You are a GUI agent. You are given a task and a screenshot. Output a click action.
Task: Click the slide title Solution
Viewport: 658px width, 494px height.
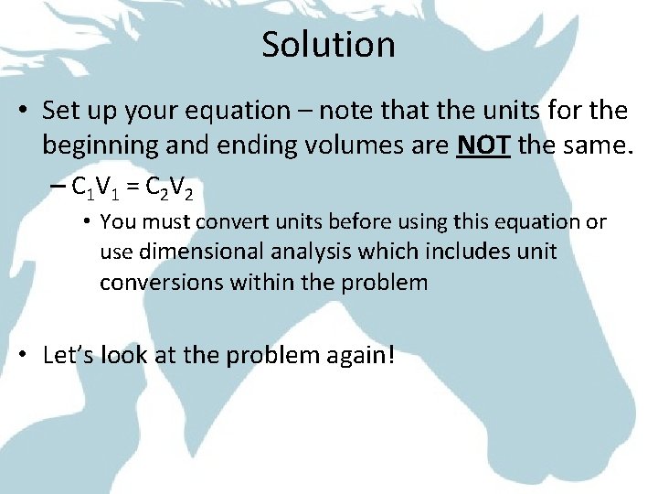[x=328, y=45]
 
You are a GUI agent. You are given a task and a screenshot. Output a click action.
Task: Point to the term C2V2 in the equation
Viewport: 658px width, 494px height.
[x=166, y=188]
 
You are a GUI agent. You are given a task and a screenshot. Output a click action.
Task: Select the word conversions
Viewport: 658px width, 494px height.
[x=159, y=283]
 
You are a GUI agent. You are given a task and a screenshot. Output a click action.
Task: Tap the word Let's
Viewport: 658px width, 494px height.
[x=68, y=355]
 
